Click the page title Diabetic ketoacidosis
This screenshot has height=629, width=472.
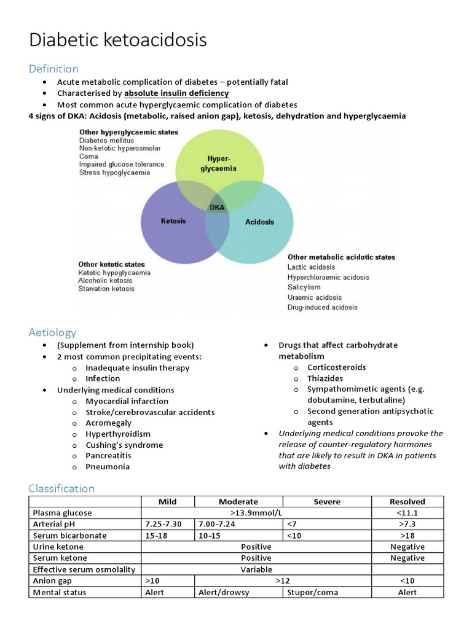click(x=118, y=41)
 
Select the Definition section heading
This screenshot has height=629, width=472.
click(x=53, y=68)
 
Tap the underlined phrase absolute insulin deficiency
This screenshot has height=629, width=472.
click(x=176, y=93)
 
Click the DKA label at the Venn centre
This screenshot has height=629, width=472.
click(x=217, y=208)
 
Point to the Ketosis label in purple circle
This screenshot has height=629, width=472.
click(x=173, y=221)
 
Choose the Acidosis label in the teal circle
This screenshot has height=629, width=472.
click(x=259, y=222)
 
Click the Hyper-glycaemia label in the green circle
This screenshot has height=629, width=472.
click(x=219, y=163)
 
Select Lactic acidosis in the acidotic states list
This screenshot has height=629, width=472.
click(x=311, y=267)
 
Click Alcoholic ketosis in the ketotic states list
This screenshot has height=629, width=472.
click(x=106, y=281)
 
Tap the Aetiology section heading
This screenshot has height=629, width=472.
click(x=52, y=332)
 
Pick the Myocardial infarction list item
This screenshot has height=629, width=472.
click(x=127, y=401)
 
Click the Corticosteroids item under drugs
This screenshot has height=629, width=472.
click(x=336, y=367)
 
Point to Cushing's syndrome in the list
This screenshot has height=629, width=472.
click(x=124, y=445)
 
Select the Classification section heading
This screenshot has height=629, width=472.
click(x=61, y=488)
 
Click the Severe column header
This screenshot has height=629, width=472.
click(x=327, y=502)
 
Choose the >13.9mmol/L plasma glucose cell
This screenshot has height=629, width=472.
click(x=256, y=513)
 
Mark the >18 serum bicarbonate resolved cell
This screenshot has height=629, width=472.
click(x=407, y=536)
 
